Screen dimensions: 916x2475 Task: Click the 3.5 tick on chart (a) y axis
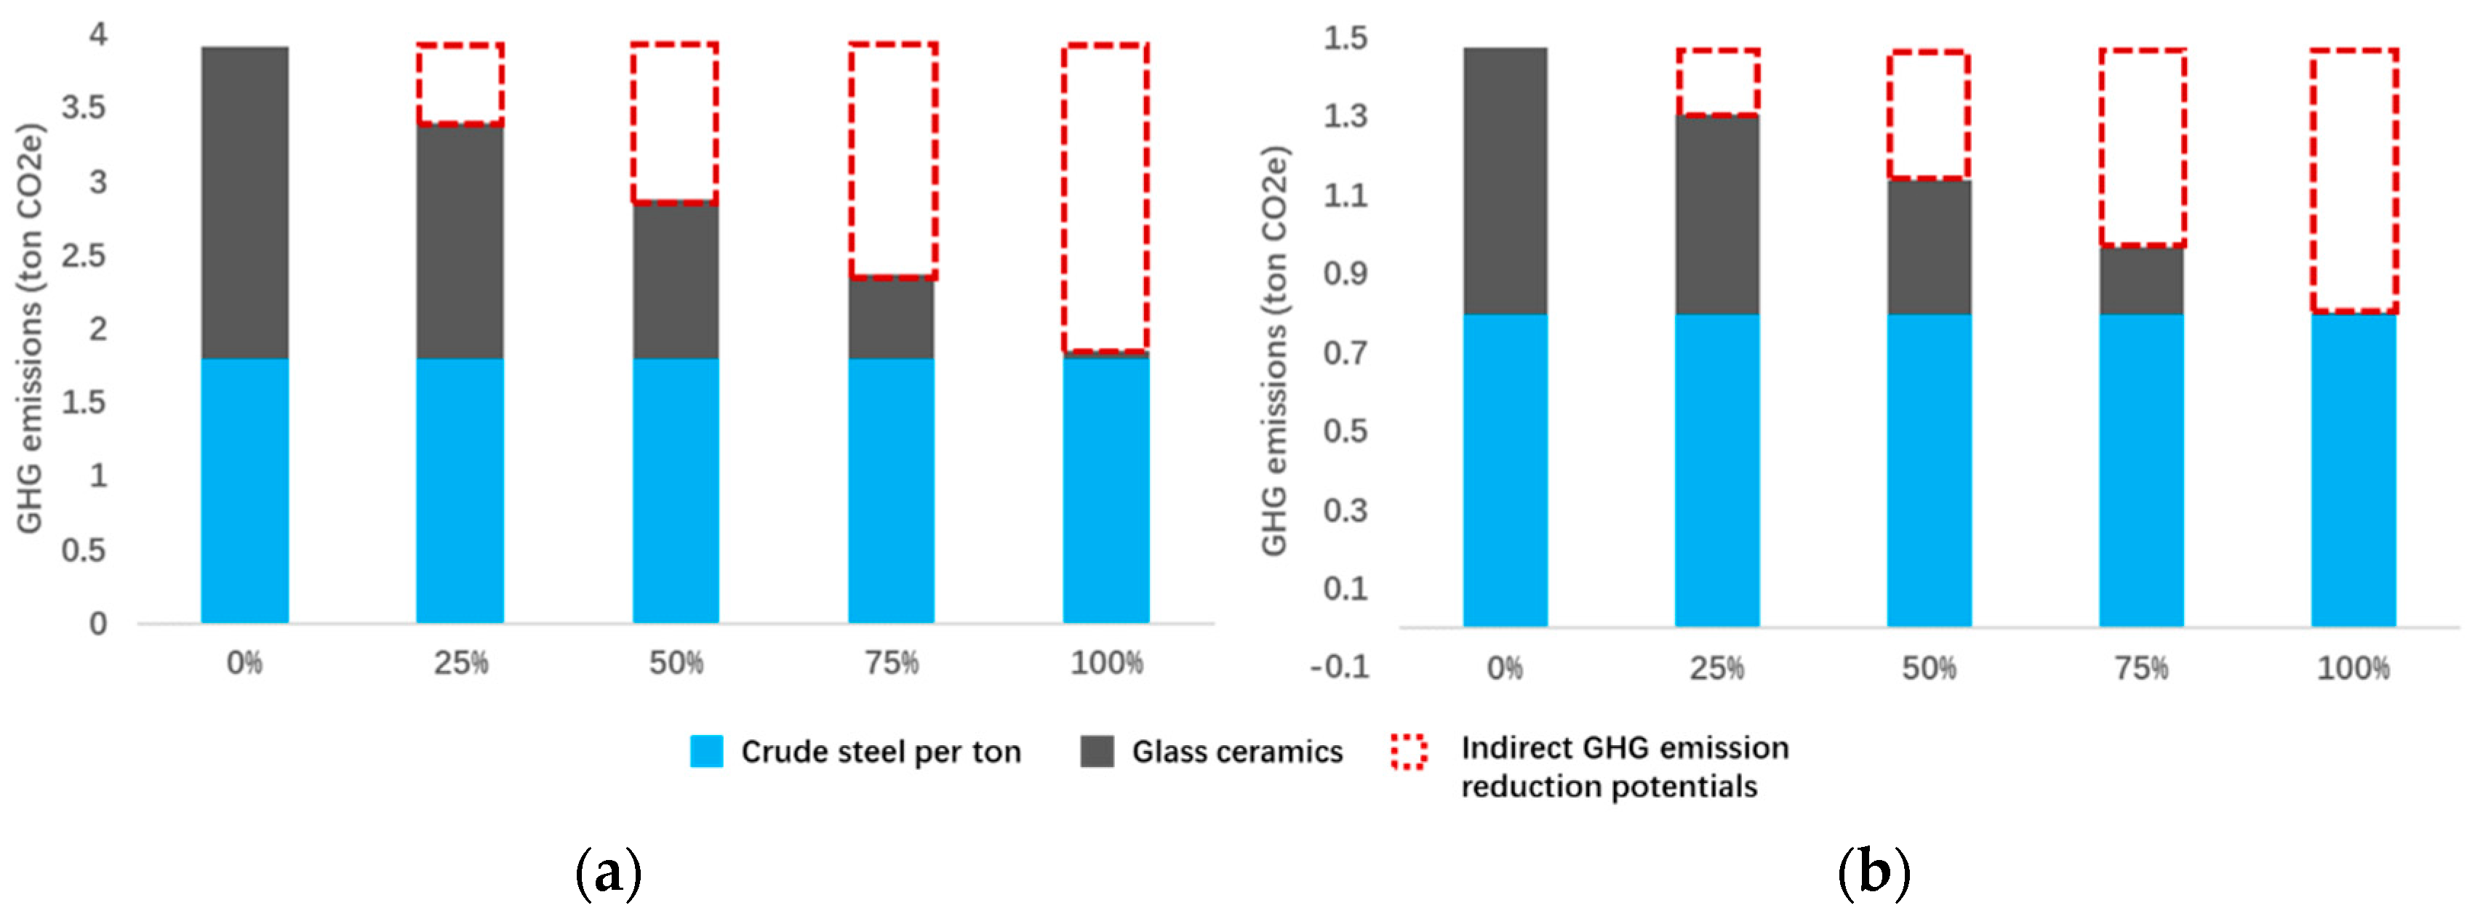tap(84, 108)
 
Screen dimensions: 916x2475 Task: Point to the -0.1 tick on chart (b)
tap(1340, 667)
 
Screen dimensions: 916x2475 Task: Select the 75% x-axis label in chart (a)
tap(892, 662)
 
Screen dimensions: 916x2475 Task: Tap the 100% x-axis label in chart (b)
tap(2353, 668)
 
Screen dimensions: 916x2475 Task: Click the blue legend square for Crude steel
tap(706, 751)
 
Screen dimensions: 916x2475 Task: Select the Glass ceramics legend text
tap(1236, 752)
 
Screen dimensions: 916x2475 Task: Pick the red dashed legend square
tap(1409, 751)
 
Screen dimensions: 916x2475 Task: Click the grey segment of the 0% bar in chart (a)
tap(244, 201)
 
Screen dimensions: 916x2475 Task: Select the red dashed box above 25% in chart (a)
tap(460, 84)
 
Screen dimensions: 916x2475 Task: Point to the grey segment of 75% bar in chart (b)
tap(2142, 281)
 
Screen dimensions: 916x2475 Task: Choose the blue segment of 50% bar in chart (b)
tap(1930, 470)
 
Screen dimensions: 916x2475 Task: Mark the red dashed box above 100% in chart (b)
tap(2354, 180)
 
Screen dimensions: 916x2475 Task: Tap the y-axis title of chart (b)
tap(1274, 350)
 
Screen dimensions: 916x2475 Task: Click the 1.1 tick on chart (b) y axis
tap(1345, 196)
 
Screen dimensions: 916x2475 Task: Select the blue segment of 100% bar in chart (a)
tap(1106, 490)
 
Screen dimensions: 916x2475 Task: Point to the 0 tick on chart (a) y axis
tap(98, 624)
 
